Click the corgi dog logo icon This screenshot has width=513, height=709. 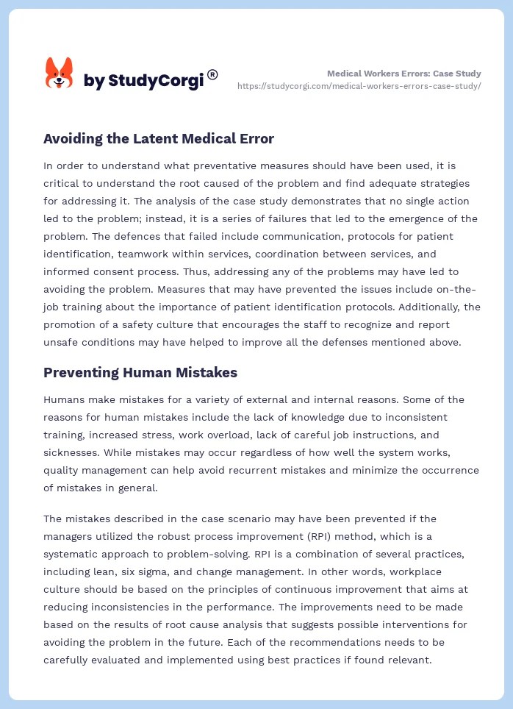tap(60, 74)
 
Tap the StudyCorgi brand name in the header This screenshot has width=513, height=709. tap(143, 81)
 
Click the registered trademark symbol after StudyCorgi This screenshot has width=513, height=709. tap(212, 74)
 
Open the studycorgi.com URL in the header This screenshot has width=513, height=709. tap(359, 86)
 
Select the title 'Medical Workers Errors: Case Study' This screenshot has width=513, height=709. tap(403, 74)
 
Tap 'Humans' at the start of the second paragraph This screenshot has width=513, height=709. tap(65, 399)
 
